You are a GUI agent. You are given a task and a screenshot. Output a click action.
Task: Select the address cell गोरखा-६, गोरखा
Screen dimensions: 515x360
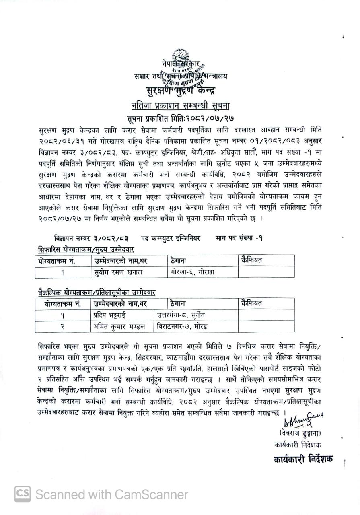tap(192, 272)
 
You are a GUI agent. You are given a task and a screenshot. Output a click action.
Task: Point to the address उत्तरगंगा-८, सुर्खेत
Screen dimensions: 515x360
tap(181, 315)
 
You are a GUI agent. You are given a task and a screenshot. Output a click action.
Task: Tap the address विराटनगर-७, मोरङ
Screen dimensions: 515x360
tap(183, 326)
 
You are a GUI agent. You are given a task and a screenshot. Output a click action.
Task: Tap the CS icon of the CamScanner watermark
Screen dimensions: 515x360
tap(23, 494)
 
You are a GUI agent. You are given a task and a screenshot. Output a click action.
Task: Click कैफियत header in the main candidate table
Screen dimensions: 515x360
tap(252, 260)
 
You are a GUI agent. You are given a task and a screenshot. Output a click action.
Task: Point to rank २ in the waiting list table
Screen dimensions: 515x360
tap(63, 326)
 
